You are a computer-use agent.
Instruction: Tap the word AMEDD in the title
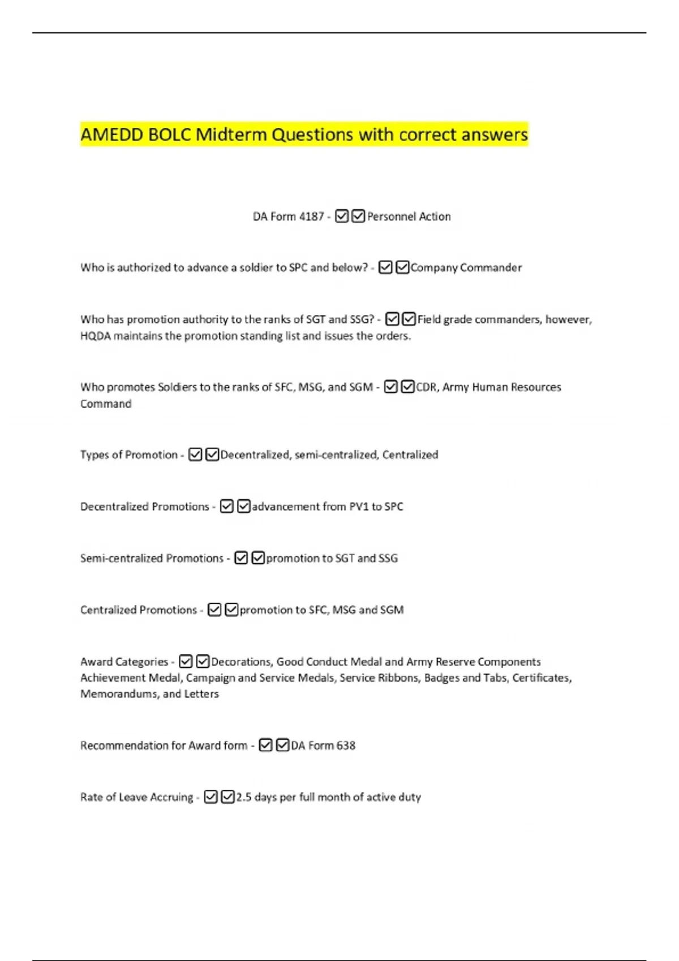click(112, 135)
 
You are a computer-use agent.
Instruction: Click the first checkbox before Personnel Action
click(342, 217)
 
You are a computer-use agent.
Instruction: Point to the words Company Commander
click(466, 267)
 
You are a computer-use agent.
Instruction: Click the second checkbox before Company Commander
click(402, 267)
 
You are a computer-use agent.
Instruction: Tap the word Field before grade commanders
click(429, 319)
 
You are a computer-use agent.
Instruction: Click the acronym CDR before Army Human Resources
click(427, 387)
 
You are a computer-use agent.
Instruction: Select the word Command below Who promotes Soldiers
click(106, 404)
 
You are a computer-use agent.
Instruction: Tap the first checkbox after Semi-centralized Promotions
click(241, 558)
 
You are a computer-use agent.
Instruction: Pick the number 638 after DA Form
click(346, 746)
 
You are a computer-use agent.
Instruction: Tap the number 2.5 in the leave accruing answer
click(244, 797)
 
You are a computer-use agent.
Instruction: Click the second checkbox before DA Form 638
click(283, 746)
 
